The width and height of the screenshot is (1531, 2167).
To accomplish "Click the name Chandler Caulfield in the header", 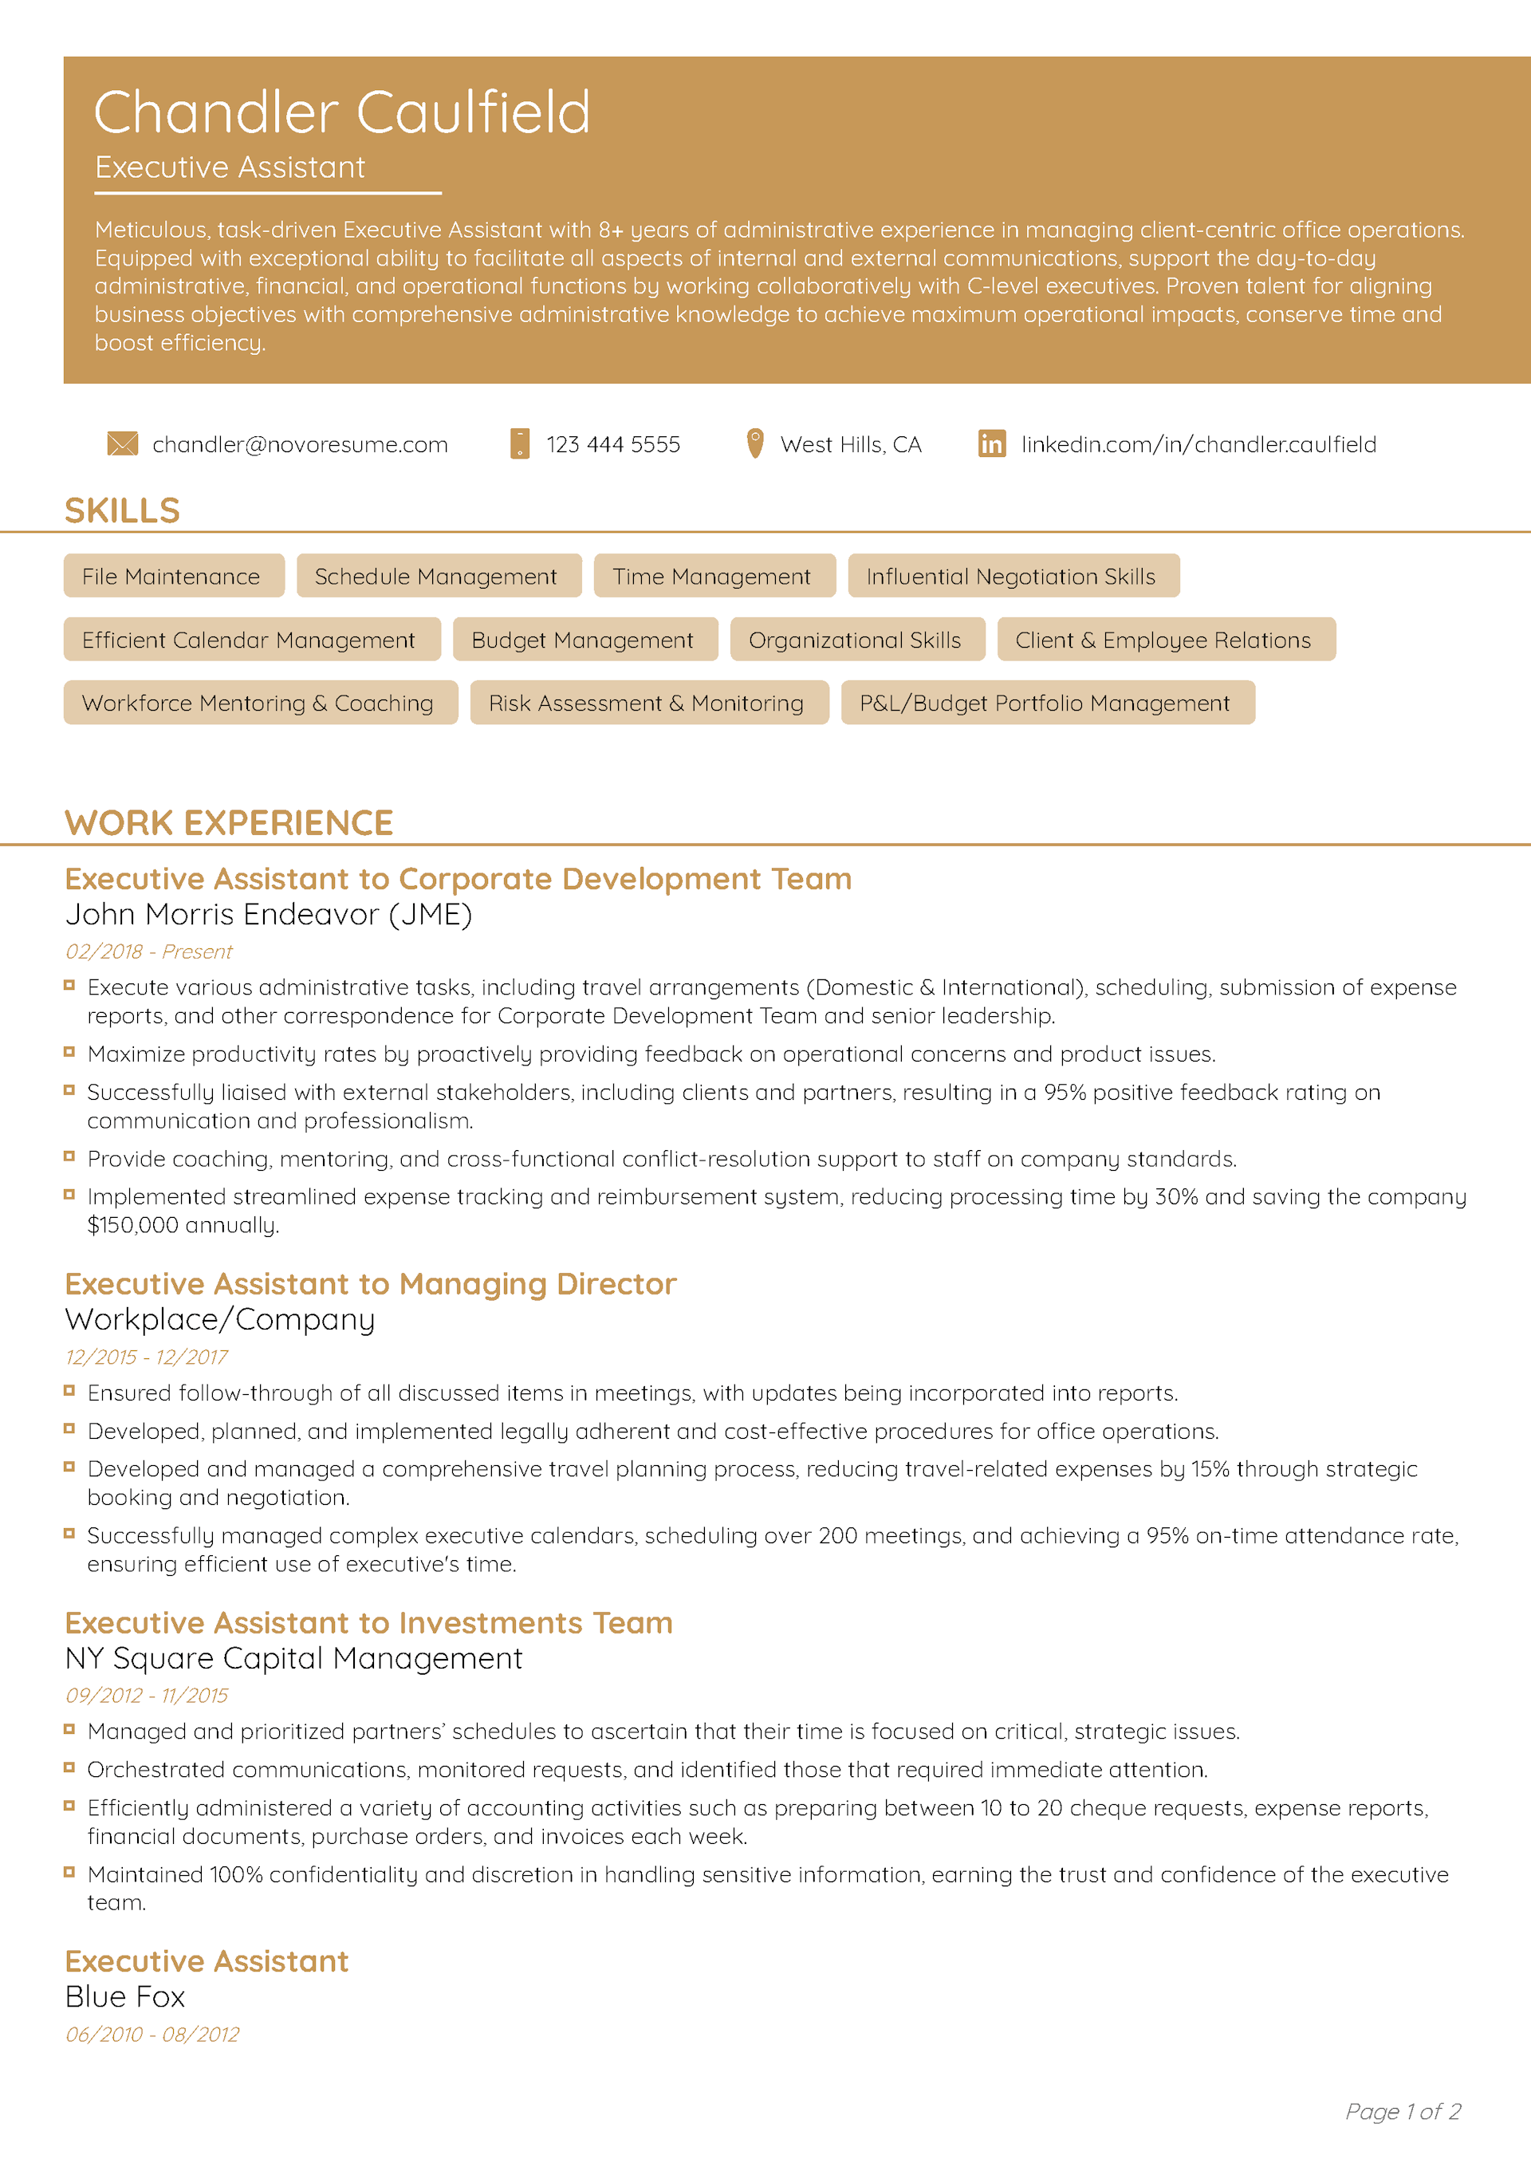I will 342,113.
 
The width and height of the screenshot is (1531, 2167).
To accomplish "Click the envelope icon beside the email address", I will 123,443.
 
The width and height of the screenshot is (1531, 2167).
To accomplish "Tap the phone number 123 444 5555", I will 612,444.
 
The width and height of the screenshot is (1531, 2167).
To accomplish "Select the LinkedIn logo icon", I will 991,443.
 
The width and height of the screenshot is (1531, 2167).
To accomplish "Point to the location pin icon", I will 754,443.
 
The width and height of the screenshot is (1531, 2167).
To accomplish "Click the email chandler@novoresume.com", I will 300,444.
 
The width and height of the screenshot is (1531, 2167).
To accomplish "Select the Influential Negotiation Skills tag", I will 1013,576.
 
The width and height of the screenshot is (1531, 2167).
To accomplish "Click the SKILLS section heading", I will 122,510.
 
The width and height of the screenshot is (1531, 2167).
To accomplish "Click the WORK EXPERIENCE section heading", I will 228,823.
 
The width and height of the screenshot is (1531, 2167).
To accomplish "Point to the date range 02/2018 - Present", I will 148,952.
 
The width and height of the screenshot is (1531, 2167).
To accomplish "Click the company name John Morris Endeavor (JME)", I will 268,915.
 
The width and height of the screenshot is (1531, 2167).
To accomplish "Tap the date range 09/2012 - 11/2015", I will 146,1695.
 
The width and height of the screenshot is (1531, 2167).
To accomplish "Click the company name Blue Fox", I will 124,1997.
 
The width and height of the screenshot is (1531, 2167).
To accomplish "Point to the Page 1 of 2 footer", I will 1403,2111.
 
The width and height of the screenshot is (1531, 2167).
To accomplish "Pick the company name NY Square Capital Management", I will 293,1658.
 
